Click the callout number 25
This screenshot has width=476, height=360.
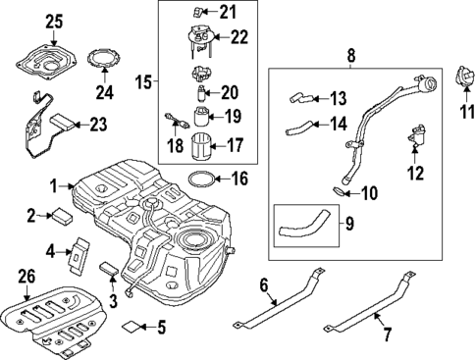[x=53, y=21]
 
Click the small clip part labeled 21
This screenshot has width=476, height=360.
[x=200, y=12]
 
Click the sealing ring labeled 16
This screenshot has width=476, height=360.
[x=200, y=180]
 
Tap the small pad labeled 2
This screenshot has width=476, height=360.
[x=63, y=212]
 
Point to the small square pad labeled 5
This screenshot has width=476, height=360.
[x=131, y=325]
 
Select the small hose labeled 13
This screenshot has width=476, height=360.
[x=299, y=96]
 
